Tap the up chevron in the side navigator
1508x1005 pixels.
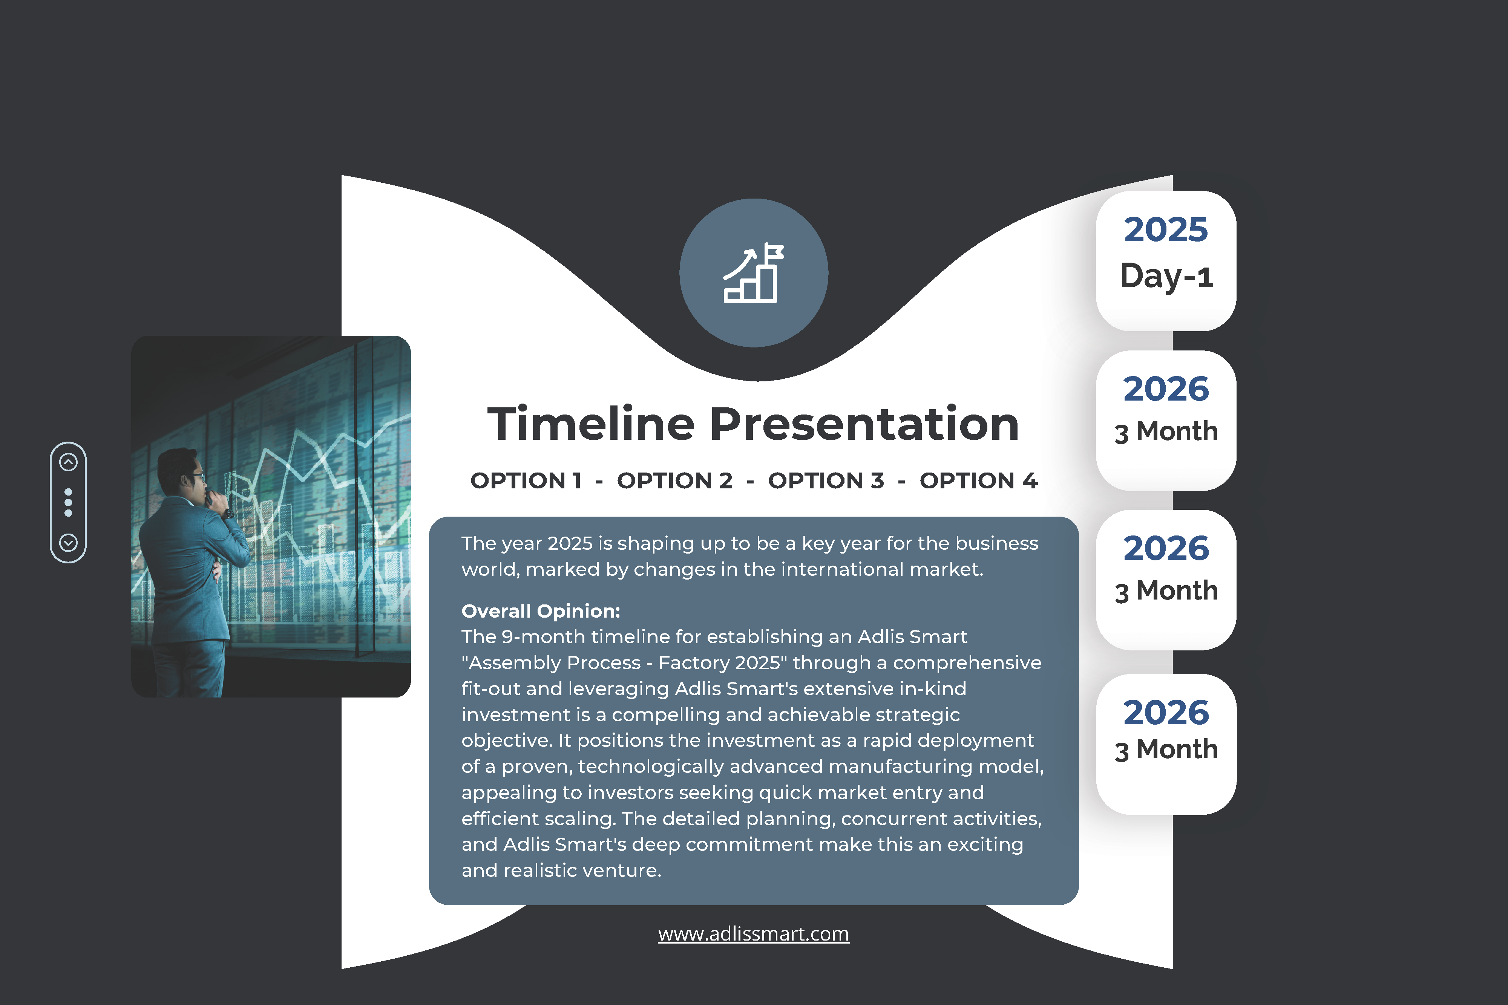click(69, 462)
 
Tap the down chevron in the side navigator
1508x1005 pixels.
click(69, 543)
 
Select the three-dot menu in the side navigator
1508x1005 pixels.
click(69, 503)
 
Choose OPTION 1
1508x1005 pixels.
click(526, 481)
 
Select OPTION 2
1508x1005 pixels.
click(674, 481)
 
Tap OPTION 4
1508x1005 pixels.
click(978, 481)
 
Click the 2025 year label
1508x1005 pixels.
click(1166, 229)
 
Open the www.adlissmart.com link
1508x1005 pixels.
click(753, 934)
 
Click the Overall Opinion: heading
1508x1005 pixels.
click(541, 611)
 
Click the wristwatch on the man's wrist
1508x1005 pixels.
click(228, 513)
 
